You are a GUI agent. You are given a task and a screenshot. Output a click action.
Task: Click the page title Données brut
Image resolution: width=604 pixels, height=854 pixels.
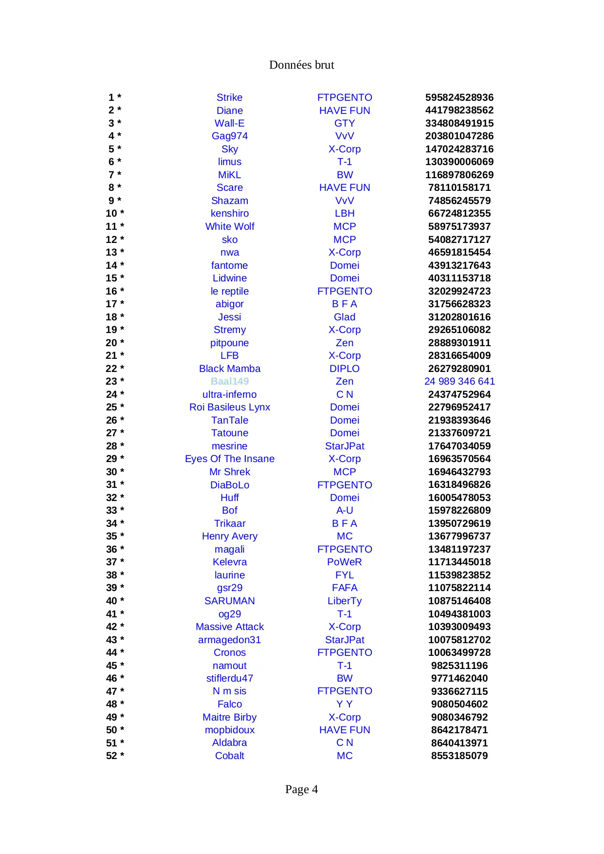coord(301,65)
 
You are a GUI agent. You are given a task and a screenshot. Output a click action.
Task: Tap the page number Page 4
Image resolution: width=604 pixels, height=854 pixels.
coord(301,789)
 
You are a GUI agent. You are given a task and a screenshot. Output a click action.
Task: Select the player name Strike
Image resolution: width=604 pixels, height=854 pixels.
coord(229,97)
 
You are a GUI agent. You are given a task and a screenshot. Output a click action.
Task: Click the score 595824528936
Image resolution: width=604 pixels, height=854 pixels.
coord(459,97)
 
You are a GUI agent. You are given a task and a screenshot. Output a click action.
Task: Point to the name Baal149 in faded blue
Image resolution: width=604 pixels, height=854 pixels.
coord(229,381)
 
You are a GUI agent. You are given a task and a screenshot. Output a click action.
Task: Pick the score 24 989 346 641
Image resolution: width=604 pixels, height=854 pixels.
coord(459,381)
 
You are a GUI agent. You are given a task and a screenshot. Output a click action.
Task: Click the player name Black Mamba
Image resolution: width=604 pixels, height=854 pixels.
coord(229,369)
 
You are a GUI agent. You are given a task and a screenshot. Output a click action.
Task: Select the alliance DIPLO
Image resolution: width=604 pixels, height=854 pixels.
coord(344,369)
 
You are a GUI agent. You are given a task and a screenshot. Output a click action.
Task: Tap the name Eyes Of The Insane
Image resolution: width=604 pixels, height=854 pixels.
coord(229,459)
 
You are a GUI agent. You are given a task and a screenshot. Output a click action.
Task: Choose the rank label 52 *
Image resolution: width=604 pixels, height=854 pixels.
coord(115,756)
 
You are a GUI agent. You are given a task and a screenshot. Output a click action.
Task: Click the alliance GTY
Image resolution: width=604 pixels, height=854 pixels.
coord(344,123)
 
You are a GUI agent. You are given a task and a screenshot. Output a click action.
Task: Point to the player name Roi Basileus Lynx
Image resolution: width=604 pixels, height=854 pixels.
coord(229,407)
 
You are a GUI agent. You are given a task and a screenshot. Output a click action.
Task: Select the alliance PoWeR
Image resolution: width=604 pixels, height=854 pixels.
coord(344,562)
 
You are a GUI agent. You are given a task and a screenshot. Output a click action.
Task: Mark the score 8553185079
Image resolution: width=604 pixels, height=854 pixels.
coord(459,756)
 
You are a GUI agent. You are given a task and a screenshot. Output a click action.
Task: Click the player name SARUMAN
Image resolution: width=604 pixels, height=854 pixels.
coord(229,601)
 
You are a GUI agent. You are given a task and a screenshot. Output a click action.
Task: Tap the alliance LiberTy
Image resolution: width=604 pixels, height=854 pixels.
coord(344,601)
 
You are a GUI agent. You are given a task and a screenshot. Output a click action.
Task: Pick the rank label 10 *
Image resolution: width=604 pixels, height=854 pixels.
coord(115,213)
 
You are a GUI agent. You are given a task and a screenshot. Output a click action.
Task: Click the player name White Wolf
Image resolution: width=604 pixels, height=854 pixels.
coord(229,226)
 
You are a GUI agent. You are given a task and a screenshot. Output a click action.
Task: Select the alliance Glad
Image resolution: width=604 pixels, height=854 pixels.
coord(344,317)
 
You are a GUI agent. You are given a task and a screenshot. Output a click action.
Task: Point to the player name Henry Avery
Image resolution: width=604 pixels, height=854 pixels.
coord(229,536)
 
